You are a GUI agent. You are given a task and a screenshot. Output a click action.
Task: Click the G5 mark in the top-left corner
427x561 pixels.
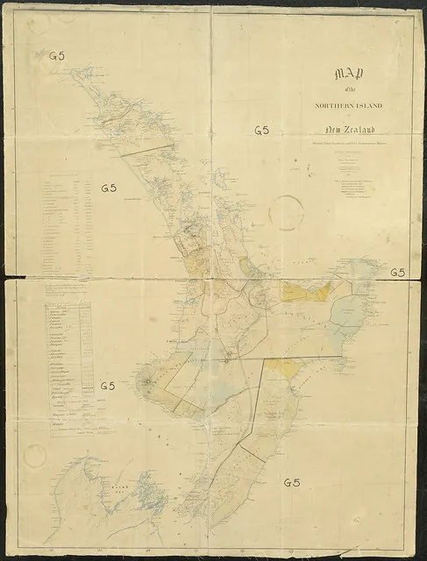[x=58, y=55]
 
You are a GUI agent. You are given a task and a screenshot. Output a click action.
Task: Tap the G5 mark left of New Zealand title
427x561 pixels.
[x=261, y=131]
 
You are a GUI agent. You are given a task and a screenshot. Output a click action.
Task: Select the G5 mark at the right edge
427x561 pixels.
[x=397, y=273]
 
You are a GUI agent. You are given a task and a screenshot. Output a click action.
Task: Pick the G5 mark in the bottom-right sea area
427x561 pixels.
[x=292, y=483]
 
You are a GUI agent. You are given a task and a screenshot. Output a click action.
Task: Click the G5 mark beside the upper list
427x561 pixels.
[x=109, y=188]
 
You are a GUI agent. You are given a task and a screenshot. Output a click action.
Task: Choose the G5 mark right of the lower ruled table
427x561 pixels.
[x=109, y=386]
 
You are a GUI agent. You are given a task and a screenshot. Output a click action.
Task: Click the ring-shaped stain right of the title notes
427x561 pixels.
[x=287, y=211]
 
